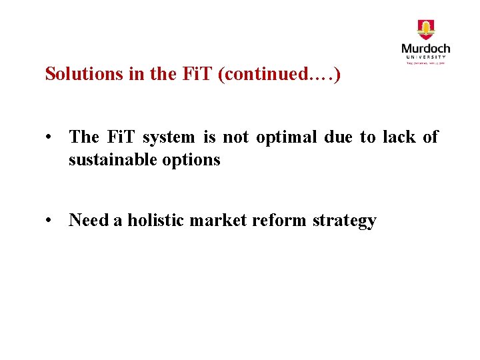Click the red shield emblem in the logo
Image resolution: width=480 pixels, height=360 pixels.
coord(425,30)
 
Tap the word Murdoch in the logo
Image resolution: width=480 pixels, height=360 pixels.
coord(425,49)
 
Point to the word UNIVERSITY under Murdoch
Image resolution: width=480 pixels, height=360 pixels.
coord(425,58)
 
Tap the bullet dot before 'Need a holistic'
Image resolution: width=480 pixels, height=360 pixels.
coord(50,221)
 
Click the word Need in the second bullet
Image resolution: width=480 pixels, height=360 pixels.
coord(89,221)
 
